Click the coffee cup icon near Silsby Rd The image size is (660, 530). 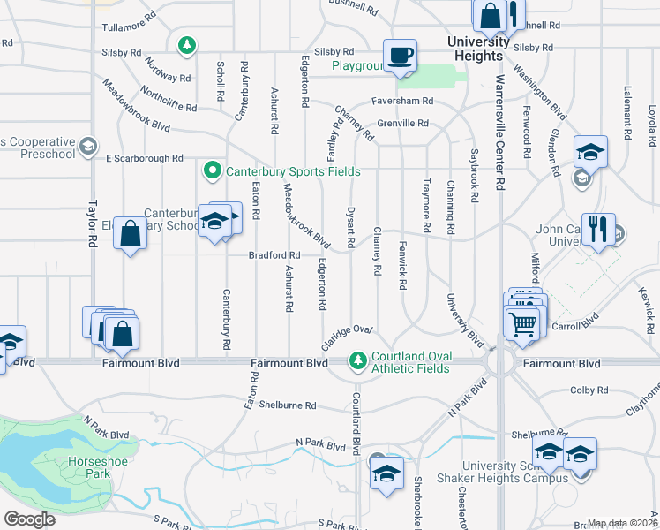tap(401, 55)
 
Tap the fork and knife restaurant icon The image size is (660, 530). tap(598, 230)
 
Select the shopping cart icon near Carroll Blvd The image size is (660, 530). tap(522, 324)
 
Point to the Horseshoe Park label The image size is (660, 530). tap(89, 467)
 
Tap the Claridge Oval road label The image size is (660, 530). tap(349, 335)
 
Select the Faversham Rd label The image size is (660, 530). tap(402, 102)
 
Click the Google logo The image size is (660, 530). tap(29, 519)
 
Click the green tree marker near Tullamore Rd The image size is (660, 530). tap(186, 44)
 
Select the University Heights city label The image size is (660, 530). tap(479, 49)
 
